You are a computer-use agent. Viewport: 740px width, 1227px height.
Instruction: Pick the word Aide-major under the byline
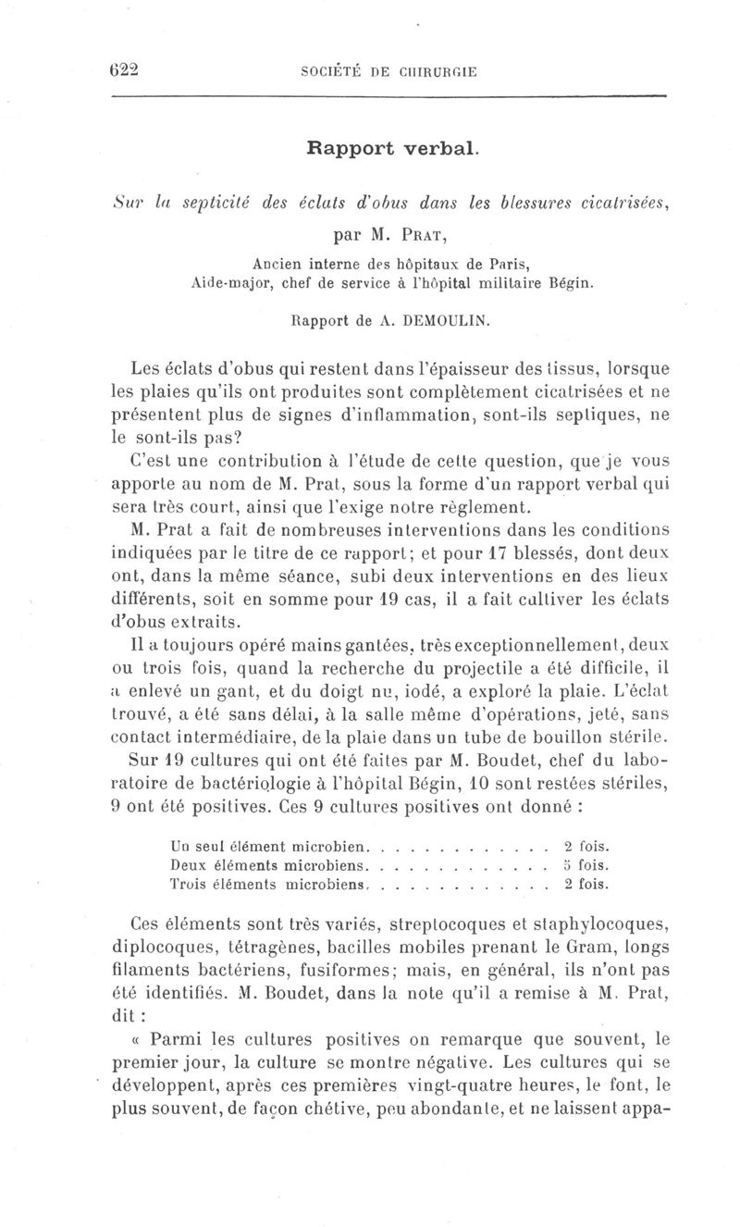coord(218,282)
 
